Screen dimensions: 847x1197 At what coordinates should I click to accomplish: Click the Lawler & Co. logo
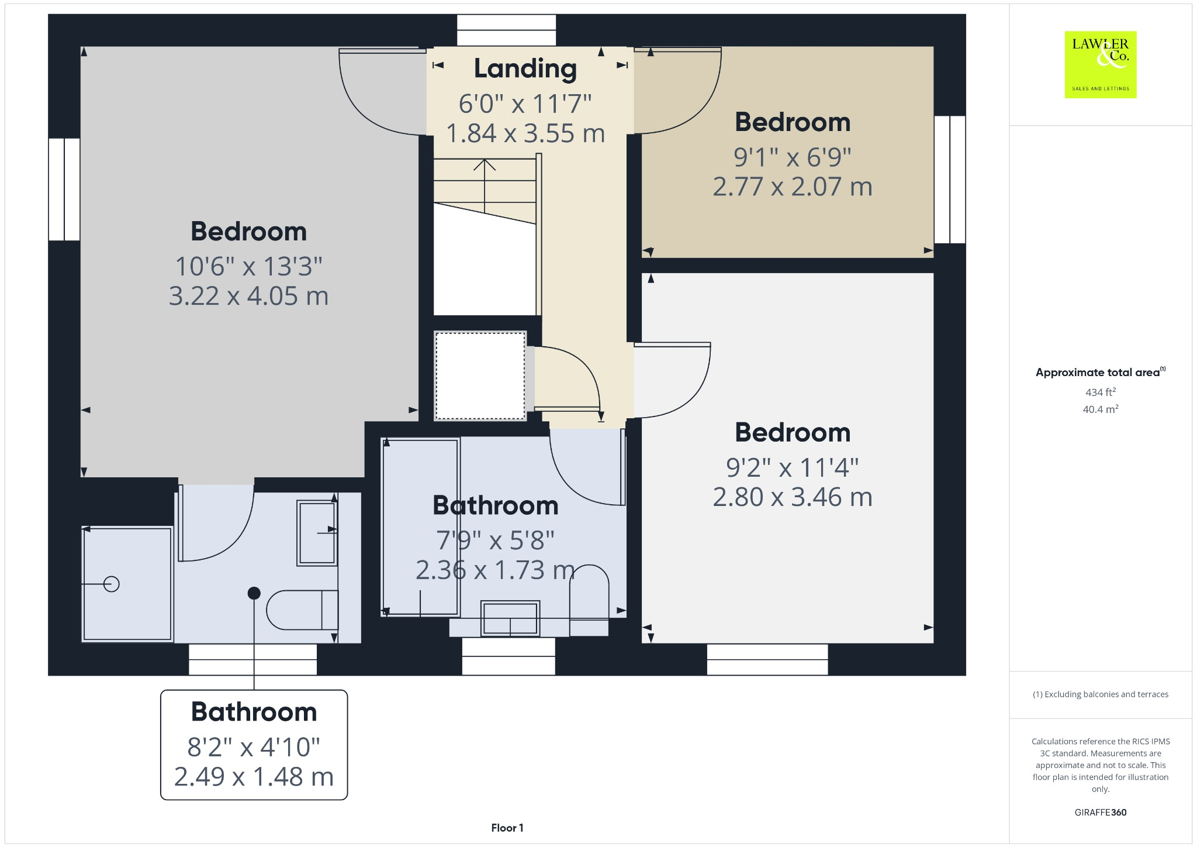tap(1100, 64)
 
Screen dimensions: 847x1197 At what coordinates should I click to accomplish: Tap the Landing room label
tap(525, 68)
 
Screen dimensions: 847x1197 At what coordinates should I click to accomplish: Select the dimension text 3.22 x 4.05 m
tap(248, 296)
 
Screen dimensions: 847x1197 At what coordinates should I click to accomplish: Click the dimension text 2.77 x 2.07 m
tap(792, 187)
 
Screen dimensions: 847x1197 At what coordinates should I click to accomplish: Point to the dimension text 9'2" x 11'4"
tap(792, 467)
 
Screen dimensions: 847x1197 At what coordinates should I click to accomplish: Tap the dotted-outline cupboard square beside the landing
tap(480, 376)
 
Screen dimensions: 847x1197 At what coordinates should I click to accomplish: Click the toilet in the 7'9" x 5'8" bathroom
tap(589, 597)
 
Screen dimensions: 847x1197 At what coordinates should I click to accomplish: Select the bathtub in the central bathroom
tap(420, 526)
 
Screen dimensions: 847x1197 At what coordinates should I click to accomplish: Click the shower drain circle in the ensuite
tap(111, 584)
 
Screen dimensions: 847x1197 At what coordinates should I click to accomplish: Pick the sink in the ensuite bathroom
tap(317, 532)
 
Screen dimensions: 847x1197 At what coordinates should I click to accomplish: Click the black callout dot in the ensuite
tap(254, 593)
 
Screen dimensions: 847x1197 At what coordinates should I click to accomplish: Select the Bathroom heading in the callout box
tap(254, 712)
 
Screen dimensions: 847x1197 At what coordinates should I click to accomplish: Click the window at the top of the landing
tap(506, 30)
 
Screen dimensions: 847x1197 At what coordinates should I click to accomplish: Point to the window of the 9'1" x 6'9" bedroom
tap(949, 179)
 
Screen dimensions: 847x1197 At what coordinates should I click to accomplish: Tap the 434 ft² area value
tap(1100, 392)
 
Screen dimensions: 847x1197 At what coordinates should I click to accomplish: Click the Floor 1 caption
tap(507, 828)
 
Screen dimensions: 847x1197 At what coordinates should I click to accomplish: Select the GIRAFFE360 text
tap(1100, 812)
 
